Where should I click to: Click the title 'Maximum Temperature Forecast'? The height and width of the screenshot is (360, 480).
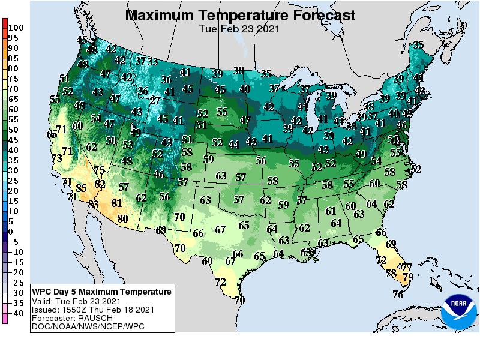tap(240, 15)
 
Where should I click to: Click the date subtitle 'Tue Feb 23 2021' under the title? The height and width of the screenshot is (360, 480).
tap(240, 28)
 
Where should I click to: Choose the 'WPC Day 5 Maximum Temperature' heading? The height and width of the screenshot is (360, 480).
tap(102, 292)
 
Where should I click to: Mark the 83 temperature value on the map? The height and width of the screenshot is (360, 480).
tap(93, 204)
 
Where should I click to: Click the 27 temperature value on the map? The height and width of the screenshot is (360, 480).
tap(155, 101)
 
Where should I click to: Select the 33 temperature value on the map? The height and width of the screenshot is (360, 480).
tap(153, 61)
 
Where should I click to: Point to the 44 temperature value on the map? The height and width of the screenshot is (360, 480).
tap(233, 144)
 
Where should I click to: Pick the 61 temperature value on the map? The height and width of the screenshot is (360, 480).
tap(331, 211)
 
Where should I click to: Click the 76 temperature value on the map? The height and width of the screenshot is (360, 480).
tap(398, 294)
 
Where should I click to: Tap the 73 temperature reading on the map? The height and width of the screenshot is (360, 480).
tap(56, 158)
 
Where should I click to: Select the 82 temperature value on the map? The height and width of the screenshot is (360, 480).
tap(100, 184)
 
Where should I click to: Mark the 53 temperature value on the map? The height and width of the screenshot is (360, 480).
tap(127, 145)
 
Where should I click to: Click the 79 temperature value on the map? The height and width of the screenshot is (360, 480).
tap(408, 277)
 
